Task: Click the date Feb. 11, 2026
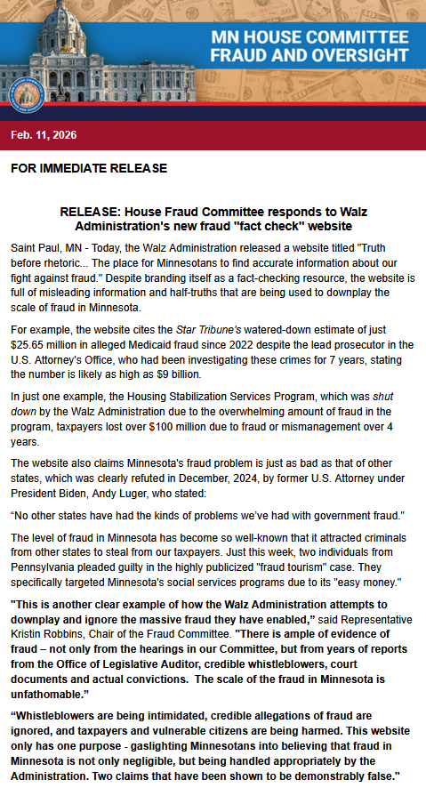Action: pos(44,135)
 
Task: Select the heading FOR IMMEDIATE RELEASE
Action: pos(76,168)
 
